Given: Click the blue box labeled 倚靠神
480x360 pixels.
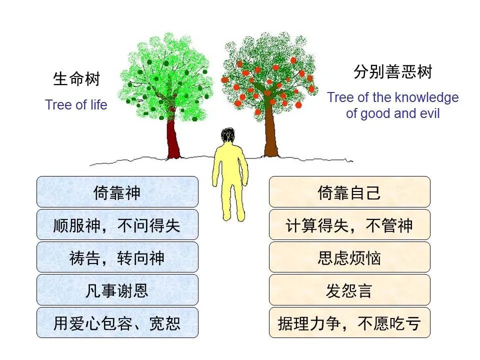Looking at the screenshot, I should click(117, 192).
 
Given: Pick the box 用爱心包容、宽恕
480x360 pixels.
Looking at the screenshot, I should click(117, 322).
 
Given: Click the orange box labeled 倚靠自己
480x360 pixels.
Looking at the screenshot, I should click(349, 192).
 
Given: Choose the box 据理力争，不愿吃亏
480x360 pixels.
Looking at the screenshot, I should click(349, 322).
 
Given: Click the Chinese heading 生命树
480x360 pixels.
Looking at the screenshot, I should click(76, 79).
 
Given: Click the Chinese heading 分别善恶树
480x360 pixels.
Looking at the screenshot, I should click(392, 73).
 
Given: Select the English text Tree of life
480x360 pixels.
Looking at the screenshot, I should click(76, 105).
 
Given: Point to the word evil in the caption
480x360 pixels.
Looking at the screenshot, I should click(429, 113).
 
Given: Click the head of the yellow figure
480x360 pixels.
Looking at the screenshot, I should click(228, 136).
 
